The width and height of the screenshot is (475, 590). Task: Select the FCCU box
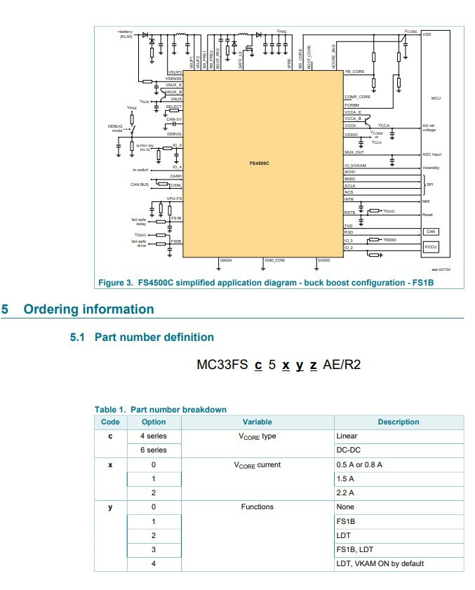(431, 247)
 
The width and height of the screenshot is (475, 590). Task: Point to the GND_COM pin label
(274, 260)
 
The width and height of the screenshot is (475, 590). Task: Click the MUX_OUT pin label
(354, 152)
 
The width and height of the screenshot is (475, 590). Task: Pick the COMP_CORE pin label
(357, 97)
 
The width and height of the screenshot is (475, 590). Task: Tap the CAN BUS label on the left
(141, 185)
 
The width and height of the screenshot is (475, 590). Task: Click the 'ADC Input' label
(431, 154)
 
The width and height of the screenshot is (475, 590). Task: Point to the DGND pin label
(323, 260)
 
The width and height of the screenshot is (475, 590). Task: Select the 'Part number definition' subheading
(154, 337)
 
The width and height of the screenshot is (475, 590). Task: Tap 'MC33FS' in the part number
(222, 366)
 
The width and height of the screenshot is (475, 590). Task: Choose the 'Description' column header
(398, 422)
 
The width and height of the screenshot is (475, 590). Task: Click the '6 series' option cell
(154, 450)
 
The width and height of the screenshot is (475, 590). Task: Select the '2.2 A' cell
(345, 492)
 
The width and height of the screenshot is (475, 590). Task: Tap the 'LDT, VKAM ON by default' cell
(380, 563)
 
